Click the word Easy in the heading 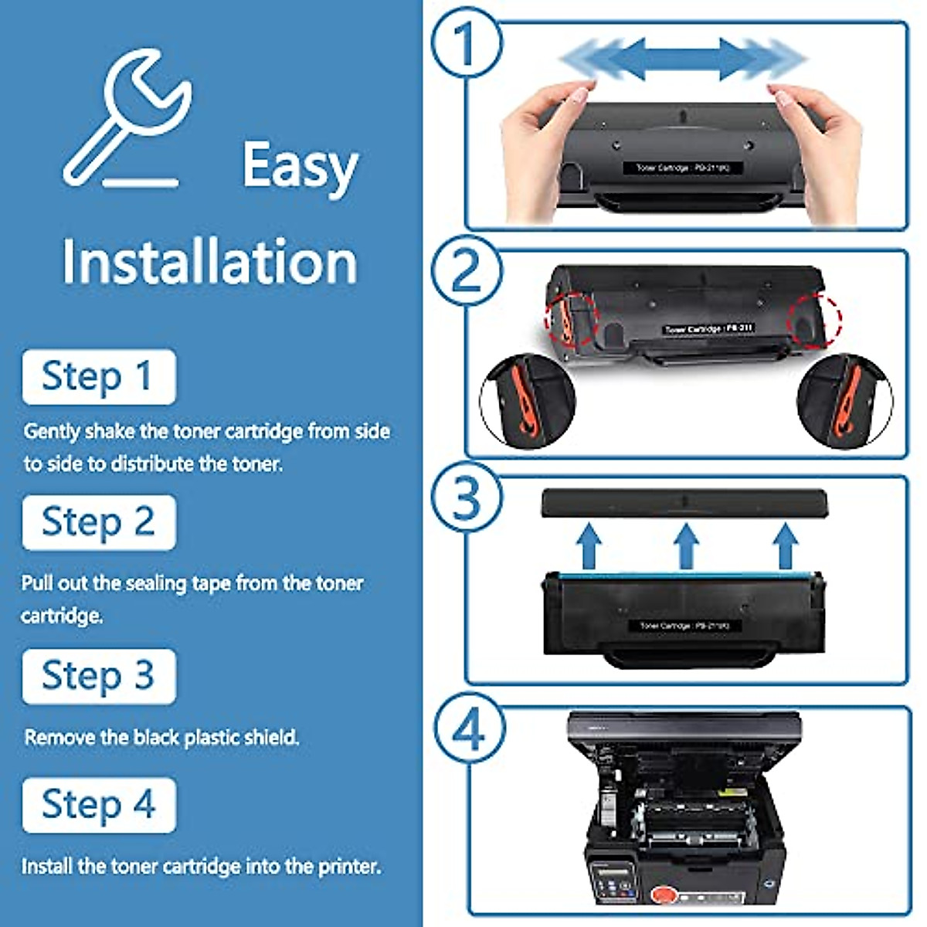[300, 165]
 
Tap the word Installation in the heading [209, 262]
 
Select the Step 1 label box [99, 377]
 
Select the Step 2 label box [99, 522]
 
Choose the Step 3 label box [99, 676]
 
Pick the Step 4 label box [99, 805]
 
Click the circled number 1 [466, 42]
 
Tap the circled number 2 [466, 270]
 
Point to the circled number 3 [466, 498]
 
